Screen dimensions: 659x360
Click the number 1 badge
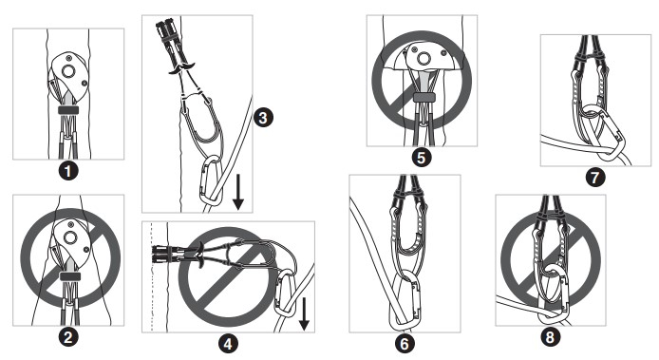[x=68, y=171]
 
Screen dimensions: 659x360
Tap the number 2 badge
[x=68, y=337]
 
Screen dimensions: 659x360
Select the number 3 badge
[x=264, y=118]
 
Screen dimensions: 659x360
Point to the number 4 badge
[x=228, y=344]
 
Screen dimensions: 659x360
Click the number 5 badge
[x=422, y=158]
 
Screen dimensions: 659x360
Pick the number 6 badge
[x=405, y=344]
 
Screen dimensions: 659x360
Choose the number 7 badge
[x=595, y=177]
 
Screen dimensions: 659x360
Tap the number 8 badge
[x=550, y=337]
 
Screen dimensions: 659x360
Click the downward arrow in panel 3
[x=238, y=192]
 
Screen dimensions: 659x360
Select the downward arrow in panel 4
[x=304, y=313]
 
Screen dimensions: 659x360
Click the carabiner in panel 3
[x=201, y=180]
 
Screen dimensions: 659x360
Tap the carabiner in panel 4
[x=276, y=294]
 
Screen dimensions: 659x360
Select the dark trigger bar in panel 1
[x=68, y=110]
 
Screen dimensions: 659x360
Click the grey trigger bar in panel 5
[x=424, y=98]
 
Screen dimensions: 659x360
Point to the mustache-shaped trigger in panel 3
[x=182, y=68]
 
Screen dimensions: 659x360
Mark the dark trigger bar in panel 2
[x=69, y=276]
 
